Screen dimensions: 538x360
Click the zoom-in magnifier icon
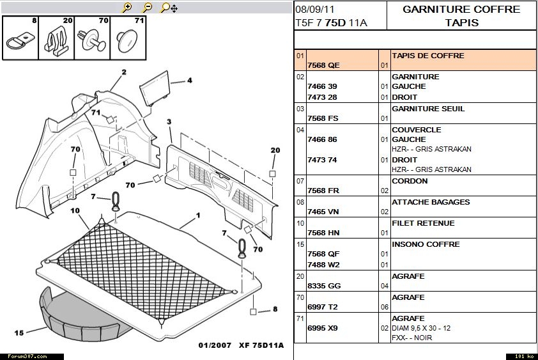tap(127, 7)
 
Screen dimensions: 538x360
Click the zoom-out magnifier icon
tap(147, 7)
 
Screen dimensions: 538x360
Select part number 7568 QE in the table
tap(323, 65)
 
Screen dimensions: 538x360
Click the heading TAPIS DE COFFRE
tap(428, 56)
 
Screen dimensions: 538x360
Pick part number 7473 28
tap(322, 97)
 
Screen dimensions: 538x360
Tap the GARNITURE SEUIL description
tap(428, 109)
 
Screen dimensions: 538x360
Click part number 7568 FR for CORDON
tap(323, 191)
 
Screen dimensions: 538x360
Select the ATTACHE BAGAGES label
tap(431, 202)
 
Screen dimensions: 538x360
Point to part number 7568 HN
tap(323, 233)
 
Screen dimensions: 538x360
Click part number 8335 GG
tap(324, 286)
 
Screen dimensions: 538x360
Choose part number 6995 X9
tap(323, 328)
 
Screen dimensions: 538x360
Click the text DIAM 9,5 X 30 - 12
tap(421, 328)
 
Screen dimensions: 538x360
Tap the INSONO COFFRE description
tap(426, 244)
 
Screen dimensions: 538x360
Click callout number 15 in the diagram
tap(19, 333)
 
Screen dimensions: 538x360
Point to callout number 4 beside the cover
tap(189, 81)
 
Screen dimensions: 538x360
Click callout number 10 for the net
tap(75, 210)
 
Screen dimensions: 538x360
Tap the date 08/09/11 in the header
tap(314, 10)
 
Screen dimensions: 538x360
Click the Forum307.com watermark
tap(27, 357)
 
